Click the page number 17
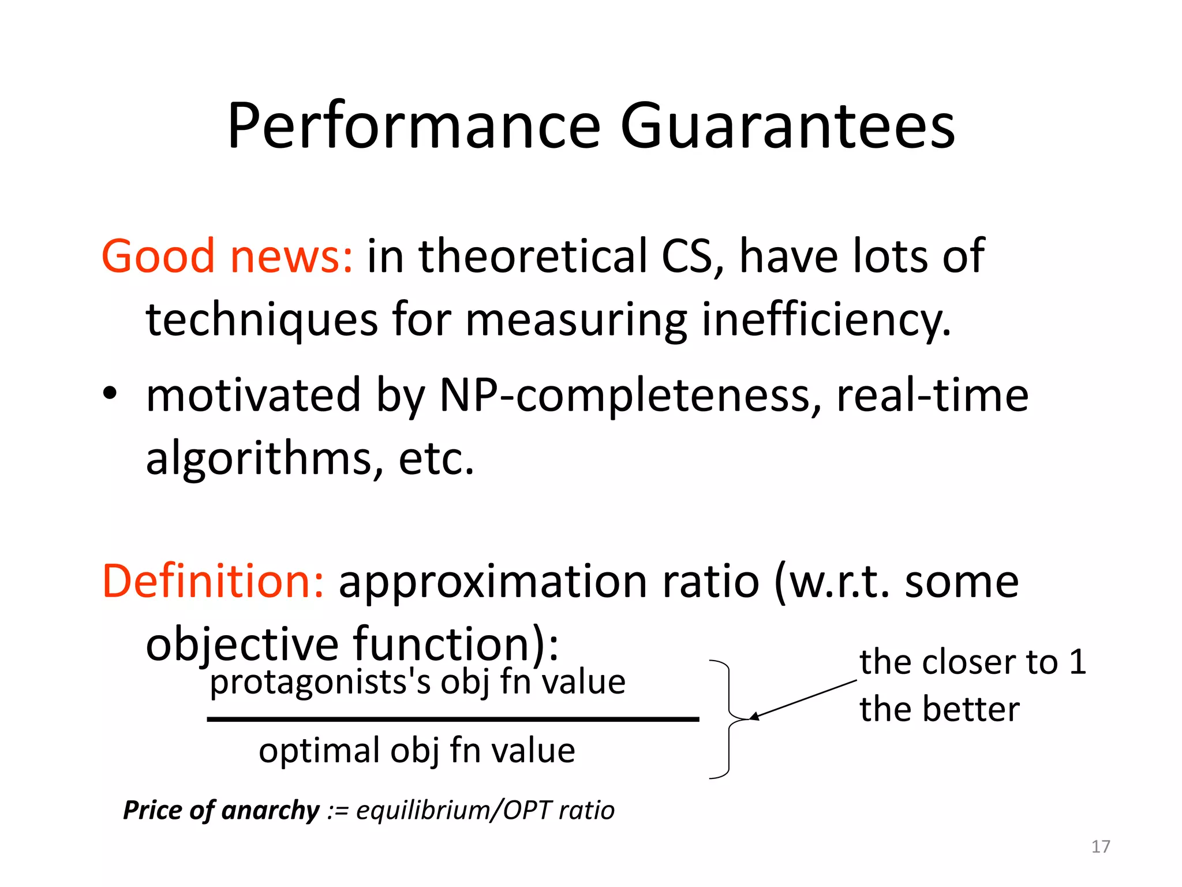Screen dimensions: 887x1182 [1100, 847]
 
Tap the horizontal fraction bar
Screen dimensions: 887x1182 [453, 720]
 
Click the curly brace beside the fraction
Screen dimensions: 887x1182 [728, 720]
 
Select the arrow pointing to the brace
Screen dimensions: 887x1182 [802, 700]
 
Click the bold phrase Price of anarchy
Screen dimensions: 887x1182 [221, 810]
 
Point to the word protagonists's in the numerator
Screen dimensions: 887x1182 [320, 683]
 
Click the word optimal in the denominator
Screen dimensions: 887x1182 [319, 751]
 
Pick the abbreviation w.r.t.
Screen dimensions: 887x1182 [838, 582]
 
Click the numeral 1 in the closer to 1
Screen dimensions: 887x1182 [1077, 662]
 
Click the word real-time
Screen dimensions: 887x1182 [932, 396]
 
